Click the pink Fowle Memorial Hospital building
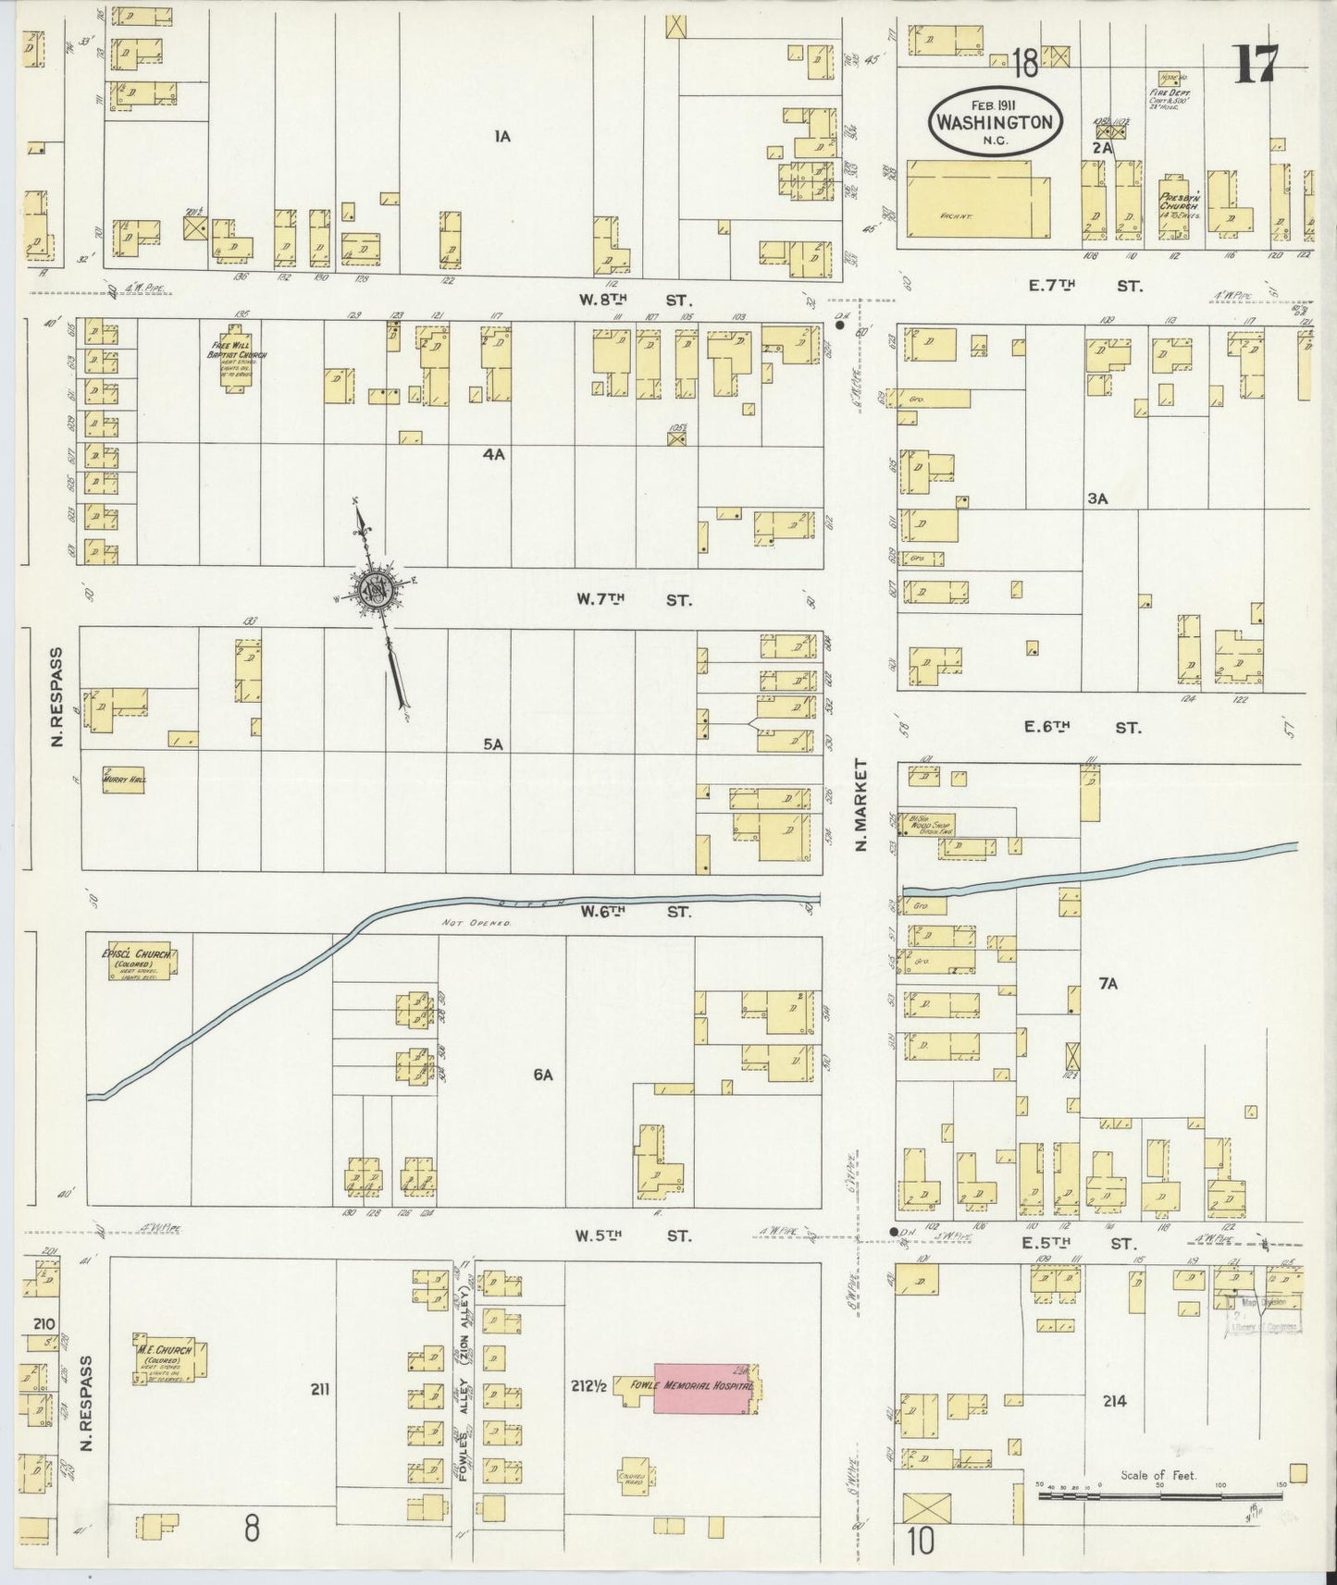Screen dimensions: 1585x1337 [703, 1387]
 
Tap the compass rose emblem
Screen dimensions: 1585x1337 [378, 590]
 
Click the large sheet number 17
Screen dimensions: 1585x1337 [1256, 63]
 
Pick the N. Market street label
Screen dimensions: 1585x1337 [861, 805]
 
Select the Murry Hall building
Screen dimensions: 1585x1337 [123, 780]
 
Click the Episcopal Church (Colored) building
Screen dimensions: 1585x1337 [141, 961]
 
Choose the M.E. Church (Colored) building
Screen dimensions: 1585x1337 [168, 1358]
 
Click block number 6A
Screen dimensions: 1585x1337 [542, 1075]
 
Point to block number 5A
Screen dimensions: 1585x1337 [493, 743]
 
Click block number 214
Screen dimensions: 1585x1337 [1114, 1401]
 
